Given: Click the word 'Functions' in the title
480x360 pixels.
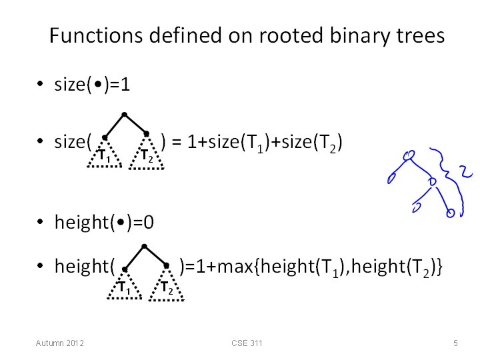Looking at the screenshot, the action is (96, 35).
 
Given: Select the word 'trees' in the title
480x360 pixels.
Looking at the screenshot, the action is (421, 36).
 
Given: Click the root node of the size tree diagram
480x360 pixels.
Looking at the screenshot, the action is (124, 115).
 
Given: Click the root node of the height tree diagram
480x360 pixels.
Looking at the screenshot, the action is (145, 246).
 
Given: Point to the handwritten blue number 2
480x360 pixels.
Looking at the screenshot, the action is (466, 171).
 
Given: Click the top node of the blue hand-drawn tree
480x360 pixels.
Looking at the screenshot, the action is (409, 155).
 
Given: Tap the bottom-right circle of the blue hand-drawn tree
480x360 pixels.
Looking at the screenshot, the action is (450, 213).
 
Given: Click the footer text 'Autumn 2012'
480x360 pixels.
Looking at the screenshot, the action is (60, 343).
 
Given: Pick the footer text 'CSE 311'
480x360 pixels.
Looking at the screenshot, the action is (247, 343).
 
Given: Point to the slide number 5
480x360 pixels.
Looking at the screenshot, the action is (455, 343).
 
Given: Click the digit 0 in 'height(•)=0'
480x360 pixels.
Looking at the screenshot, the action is (149, 223).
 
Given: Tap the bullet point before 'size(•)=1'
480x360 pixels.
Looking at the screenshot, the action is (40, 83).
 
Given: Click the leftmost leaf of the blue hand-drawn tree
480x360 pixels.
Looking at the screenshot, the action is (391, 179).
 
